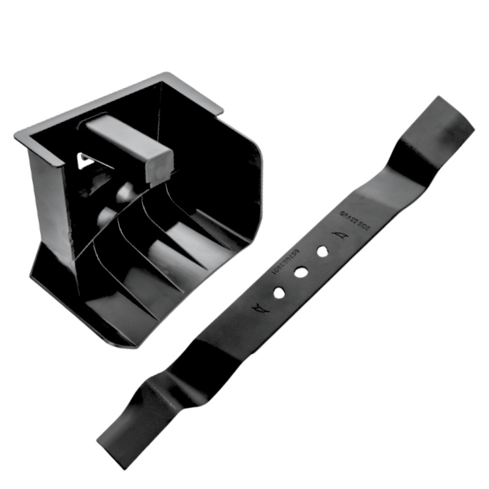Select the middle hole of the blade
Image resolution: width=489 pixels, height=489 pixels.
coord(300,273)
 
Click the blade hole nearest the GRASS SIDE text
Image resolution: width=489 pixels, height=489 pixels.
coord(322,250)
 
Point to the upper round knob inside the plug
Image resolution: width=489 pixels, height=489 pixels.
coord(125,192)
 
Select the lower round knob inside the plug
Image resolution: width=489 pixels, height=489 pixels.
coord(106,216)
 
